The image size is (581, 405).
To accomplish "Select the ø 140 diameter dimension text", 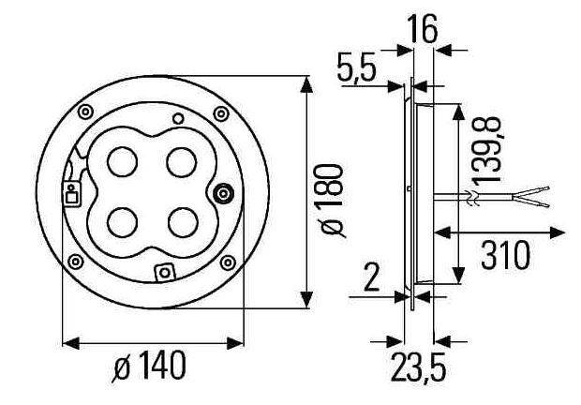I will click(149, 366).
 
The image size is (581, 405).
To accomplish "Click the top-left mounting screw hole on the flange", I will click(85, 112).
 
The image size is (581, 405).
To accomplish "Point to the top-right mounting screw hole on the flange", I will click(221, 113).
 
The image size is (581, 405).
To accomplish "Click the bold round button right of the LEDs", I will click(224, 194).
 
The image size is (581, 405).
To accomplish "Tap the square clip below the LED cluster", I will click(165, 273).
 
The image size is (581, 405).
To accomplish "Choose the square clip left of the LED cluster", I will click(71, 195).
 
